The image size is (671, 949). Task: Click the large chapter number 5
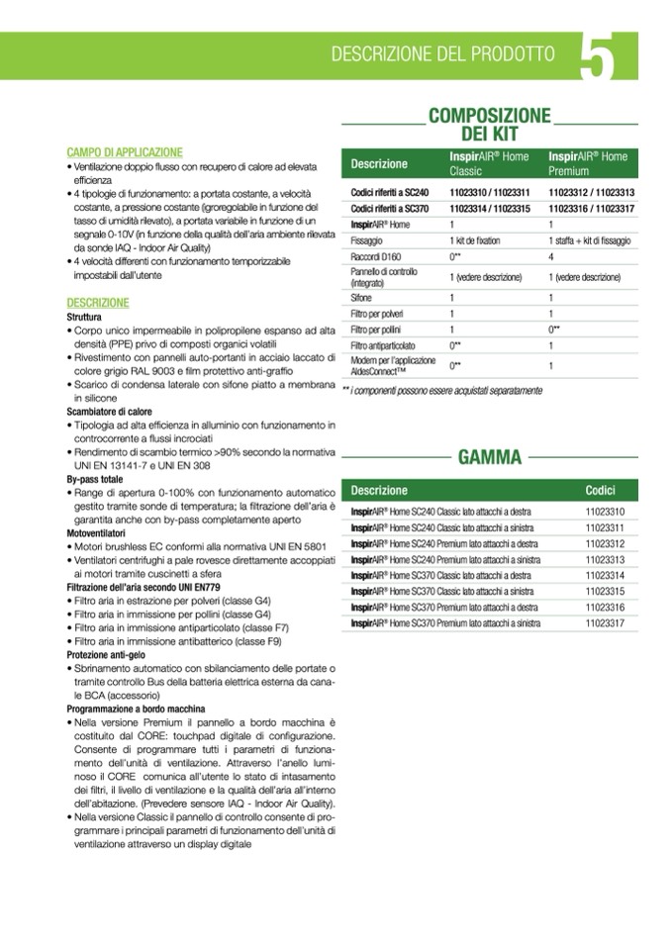[599, 57]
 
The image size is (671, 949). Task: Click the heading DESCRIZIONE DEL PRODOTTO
[442, 53]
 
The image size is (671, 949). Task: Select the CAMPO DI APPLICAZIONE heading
[125, 152]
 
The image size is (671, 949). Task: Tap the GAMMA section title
[489, 456]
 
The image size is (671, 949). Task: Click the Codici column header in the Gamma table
[600, 491]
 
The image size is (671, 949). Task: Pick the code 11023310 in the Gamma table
[605, 513]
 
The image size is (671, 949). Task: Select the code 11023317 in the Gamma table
[605, 623]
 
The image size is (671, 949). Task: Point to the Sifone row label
[362, 297]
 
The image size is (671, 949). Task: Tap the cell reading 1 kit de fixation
[475, 240]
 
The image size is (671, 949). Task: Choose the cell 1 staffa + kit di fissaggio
[590, 240]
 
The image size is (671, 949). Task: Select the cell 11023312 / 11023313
[591, 192]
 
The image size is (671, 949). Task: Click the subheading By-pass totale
[95, 479]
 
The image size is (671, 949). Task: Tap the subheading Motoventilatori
[97, 533]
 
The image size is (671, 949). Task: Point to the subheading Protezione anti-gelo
[105, 655]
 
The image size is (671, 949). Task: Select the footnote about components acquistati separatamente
[441, 391]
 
